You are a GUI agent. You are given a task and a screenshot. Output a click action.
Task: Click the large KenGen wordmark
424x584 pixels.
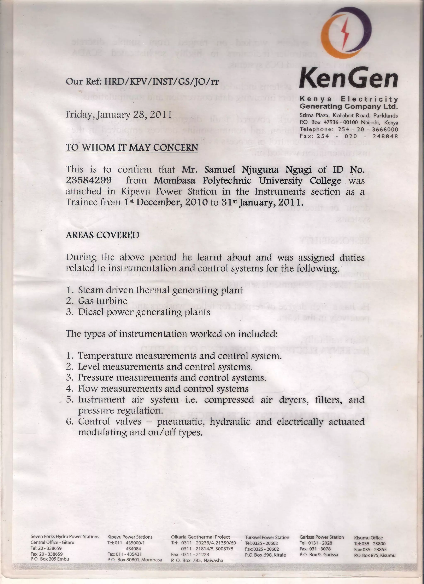click(x=348, y=78)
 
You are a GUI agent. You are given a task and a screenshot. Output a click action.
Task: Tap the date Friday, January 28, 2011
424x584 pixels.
click(x=119, y=114)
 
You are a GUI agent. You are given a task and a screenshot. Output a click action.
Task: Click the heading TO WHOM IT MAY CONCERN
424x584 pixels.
click(x=132, y=148)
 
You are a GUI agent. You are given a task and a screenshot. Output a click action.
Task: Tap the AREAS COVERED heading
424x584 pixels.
click(x=102, y=235)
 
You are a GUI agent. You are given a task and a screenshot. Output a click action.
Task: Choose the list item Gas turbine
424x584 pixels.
click(x=103, y=301)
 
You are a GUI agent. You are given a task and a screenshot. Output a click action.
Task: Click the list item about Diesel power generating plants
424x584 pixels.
click(x=144, y=312)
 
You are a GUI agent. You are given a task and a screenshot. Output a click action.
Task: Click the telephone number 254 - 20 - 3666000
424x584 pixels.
click(x=368, y=129)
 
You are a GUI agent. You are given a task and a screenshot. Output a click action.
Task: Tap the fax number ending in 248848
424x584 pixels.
click(x=385, y=136)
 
